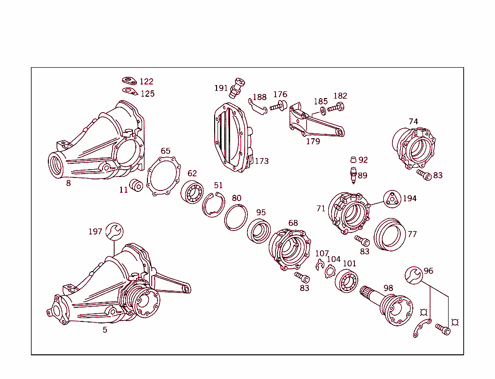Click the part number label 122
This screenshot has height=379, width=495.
point(146,82)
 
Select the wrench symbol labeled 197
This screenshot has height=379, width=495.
point(114,231)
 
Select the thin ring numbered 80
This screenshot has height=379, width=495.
point(236,217)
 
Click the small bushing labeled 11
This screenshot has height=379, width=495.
point(136,186)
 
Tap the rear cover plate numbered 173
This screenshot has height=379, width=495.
point(232,137)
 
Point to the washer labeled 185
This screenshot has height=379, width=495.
point(323,111)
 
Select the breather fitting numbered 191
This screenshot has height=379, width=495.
point(238,87)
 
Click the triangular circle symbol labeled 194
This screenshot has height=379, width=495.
point(393,199)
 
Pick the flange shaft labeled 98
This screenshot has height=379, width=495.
point(389,305)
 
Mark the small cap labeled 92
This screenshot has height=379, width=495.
point(353,160)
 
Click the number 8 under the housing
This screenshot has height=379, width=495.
point(68,183)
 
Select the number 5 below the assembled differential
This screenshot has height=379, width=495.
point(104,330)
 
